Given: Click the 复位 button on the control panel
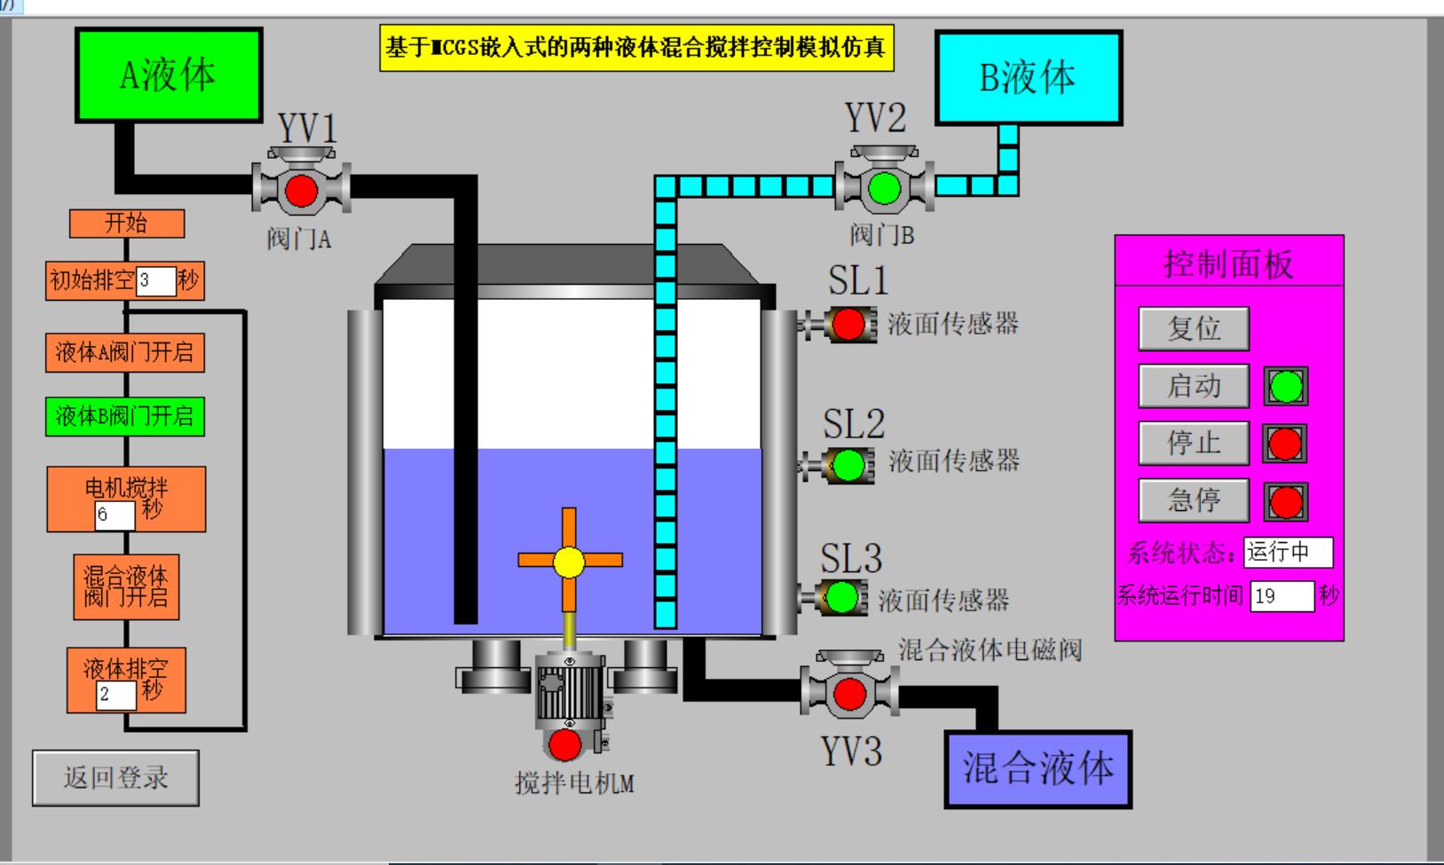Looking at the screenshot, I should [1194, 328].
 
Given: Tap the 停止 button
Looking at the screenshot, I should [1194, 443].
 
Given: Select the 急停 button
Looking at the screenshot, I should [1194, 500].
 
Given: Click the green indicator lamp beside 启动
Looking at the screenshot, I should [1286, 387].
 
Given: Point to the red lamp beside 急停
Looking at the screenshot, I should [1285, 502].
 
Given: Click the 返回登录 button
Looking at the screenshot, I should [115, 778].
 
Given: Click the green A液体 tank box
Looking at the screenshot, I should [169, 75].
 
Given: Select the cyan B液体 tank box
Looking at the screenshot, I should [1029, 78].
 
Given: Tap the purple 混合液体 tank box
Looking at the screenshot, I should [1038, 768].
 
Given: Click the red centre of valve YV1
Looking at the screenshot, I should [301, 190].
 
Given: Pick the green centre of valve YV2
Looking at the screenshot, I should [884, 188].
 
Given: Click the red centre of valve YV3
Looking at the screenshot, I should [849, 693].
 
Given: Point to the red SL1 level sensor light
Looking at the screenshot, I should [848, 325].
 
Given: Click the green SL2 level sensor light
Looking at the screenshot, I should [848, 465].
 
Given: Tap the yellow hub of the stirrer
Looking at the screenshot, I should [569, 562].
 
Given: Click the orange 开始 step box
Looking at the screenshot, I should [127, 224].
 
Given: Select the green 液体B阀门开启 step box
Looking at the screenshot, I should [125, 416].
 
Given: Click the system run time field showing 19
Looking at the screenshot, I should [1282, 596].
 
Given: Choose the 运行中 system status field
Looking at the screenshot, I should [1288, 552].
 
